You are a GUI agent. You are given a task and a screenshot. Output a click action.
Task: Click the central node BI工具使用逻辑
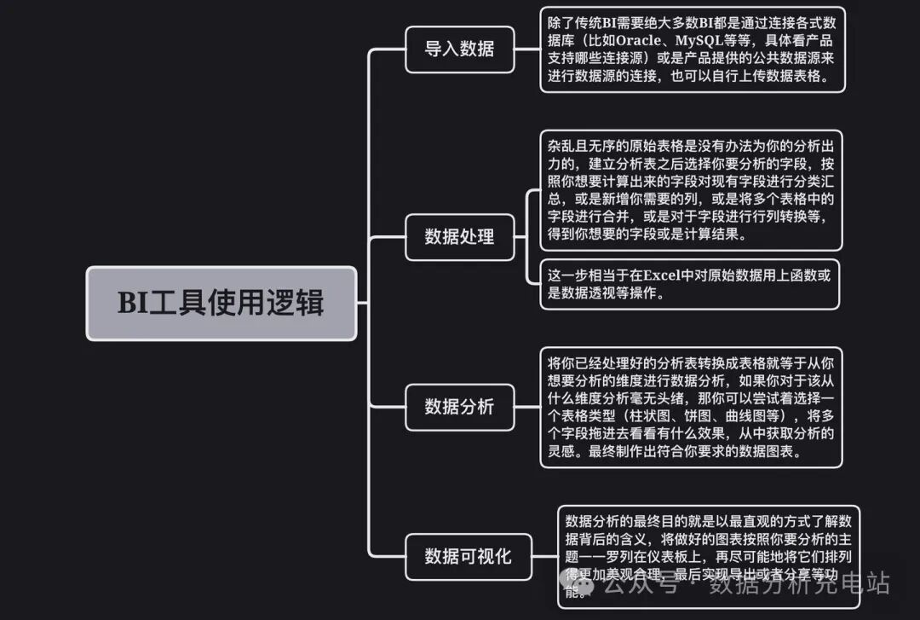[221, 304]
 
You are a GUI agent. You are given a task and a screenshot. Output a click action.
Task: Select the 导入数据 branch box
[459, 49]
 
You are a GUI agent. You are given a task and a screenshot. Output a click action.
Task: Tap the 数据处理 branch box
[459, 236]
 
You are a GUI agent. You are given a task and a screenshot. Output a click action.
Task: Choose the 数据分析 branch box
[459, 407]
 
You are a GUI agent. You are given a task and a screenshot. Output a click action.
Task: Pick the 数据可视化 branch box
[468, 557]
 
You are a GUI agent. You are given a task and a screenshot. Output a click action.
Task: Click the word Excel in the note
[666, 275]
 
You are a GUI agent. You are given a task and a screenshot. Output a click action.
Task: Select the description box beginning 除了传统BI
[692, 49]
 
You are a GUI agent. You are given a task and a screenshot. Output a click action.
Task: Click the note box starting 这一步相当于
[690, 284]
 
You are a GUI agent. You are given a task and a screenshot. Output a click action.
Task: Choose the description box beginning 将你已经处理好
[690, 407]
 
